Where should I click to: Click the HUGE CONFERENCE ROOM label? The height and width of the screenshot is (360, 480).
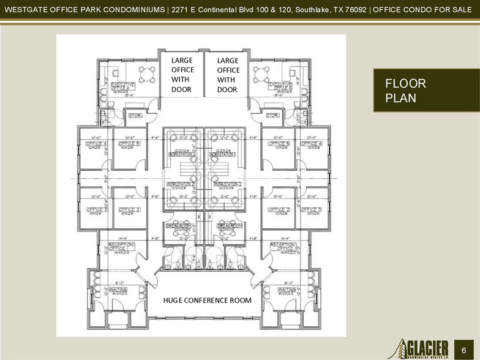207,300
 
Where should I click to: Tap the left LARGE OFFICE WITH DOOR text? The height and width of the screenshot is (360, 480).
182,75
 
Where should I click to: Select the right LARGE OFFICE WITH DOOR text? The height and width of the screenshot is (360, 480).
228,75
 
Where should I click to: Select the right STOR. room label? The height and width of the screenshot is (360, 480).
273,115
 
